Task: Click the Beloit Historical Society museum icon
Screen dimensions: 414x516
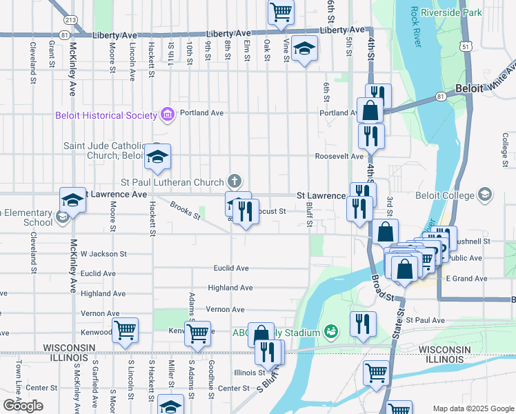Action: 166,114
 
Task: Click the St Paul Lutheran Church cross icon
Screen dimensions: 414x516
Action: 235,182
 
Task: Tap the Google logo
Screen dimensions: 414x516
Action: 23,406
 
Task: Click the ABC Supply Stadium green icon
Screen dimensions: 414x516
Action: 330,333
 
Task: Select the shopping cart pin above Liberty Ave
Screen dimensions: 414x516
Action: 281,11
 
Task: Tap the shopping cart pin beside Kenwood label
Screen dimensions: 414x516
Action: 125,331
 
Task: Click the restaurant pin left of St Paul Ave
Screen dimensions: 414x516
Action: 364,323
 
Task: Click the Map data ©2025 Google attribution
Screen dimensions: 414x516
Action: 473,408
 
